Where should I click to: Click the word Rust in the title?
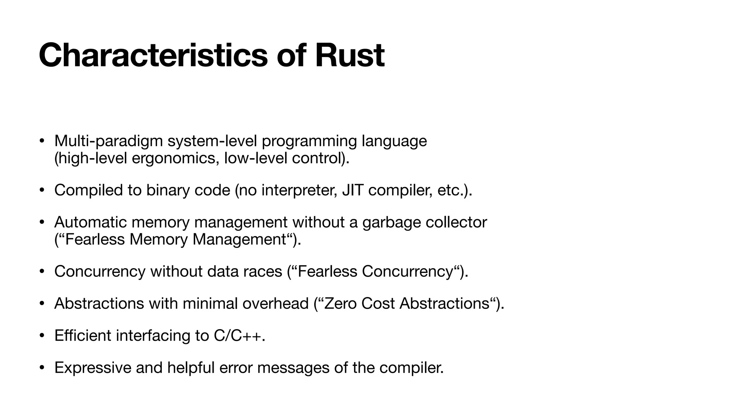tap(349, 56)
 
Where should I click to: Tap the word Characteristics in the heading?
tap(153, 56)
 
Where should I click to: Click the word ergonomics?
tap(175, 159)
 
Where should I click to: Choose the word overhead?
tap(275, 303)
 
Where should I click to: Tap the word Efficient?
tap(83, 336)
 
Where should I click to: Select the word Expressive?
tap(93, 368)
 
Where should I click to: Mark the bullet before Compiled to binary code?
tap(42, 190)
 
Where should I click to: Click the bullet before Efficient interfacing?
tap(42, 336)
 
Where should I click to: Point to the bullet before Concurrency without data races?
tap(42, 271)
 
